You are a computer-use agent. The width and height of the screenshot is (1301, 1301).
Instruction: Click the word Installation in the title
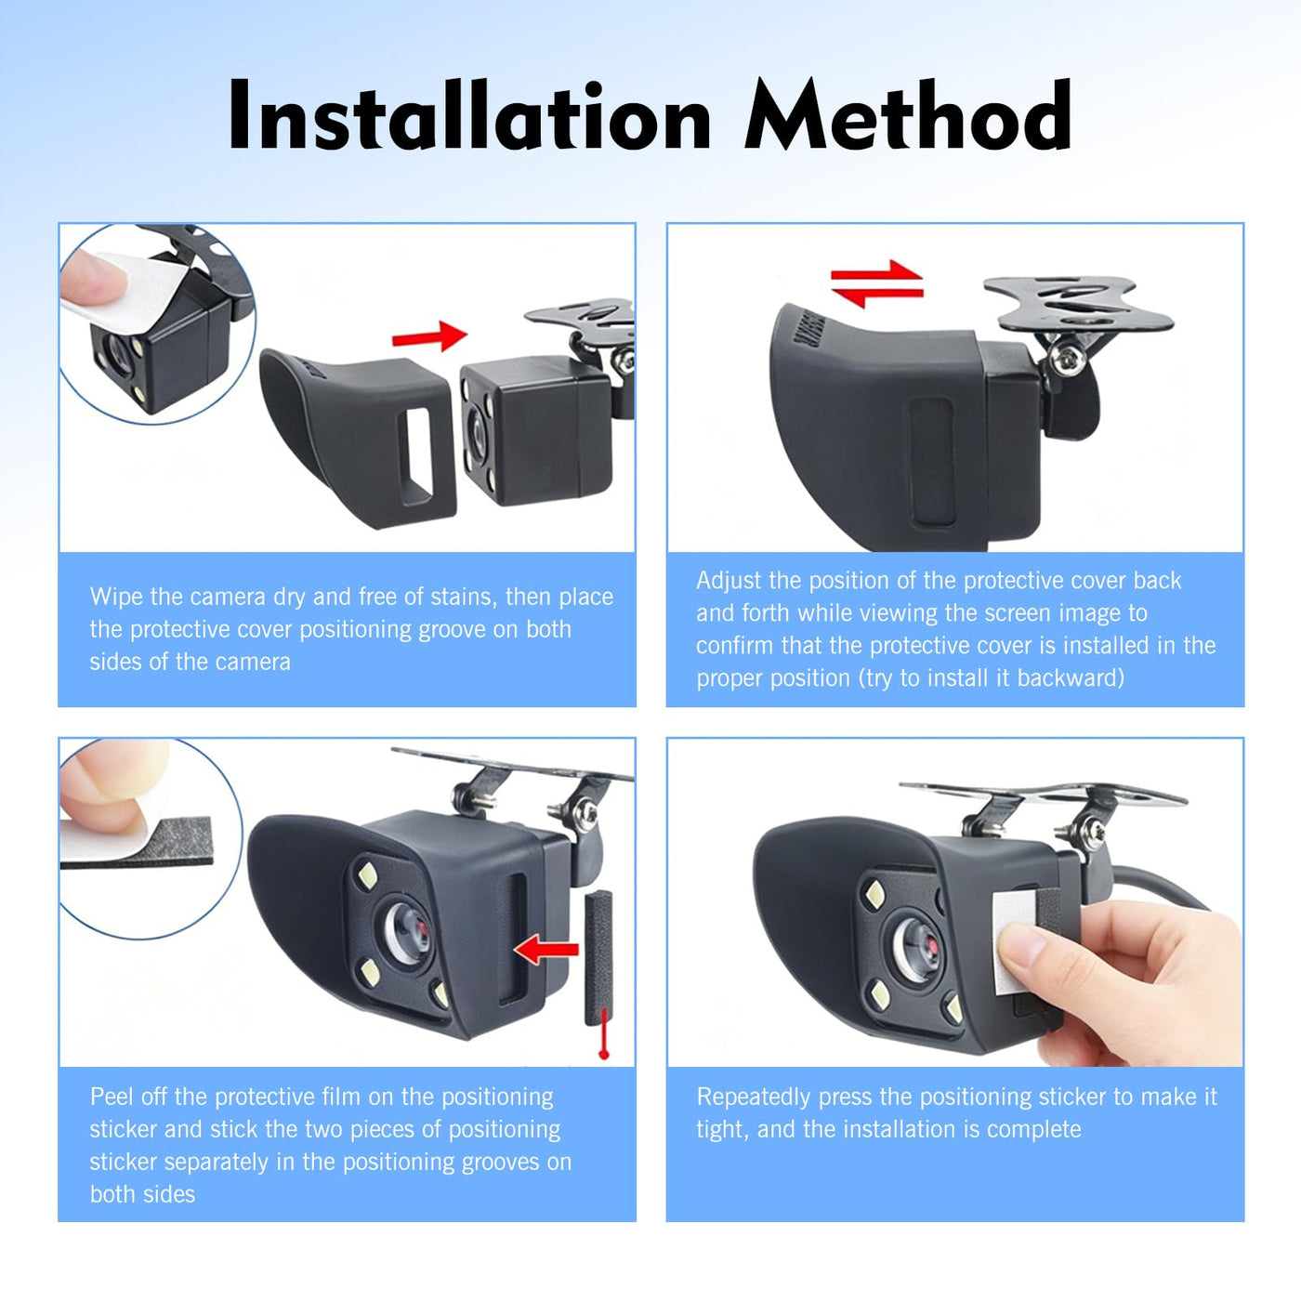click(470, 114)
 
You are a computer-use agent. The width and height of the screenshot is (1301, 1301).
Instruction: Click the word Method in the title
click(908, 114)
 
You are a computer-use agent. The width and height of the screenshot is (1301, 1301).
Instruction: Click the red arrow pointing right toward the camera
click(430, 335)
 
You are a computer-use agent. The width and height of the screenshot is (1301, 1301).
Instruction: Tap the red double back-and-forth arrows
click(876, 283)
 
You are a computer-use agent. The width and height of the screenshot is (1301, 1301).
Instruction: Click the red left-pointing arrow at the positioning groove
click(546, 949)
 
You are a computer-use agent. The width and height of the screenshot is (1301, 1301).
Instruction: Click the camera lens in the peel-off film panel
click(407, 935)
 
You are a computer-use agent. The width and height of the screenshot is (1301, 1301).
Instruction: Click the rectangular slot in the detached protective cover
click(416, 455)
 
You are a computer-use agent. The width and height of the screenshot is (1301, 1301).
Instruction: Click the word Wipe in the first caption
click(117, 597)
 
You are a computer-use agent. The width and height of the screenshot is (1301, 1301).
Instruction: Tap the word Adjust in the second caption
click(729, 582)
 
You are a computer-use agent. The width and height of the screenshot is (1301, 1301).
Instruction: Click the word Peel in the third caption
click(112, 1097)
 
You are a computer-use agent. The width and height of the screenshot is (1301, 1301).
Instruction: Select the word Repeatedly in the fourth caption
click(753, 1098)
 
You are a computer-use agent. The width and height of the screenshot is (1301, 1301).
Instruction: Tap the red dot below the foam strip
click(604, 1053)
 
